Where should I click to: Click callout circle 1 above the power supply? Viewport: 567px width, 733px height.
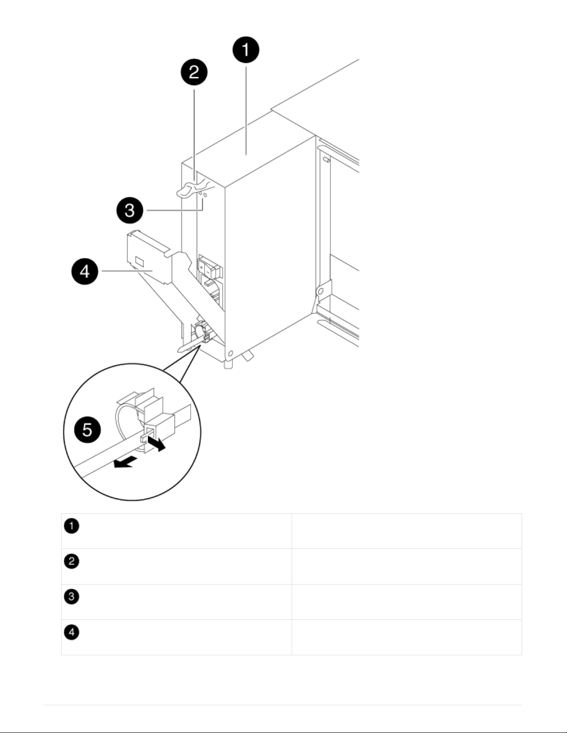point(245,50)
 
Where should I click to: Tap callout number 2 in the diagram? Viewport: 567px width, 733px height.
point(194,73)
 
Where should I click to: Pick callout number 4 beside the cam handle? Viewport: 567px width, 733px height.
point(85,271)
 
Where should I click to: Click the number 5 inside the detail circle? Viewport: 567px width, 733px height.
point(87,430)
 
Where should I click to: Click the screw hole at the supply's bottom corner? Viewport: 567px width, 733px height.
point(229,355)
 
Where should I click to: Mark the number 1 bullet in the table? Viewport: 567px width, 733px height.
point(72,526)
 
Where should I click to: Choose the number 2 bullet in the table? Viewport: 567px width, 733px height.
point(72,561)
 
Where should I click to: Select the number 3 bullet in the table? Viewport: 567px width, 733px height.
point(72,597)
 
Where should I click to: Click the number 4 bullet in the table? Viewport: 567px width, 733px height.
point(72,632)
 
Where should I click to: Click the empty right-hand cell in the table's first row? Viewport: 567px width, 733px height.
point(406,531)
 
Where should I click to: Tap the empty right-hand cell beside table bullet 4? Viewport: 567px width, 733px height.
point(406,637)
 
